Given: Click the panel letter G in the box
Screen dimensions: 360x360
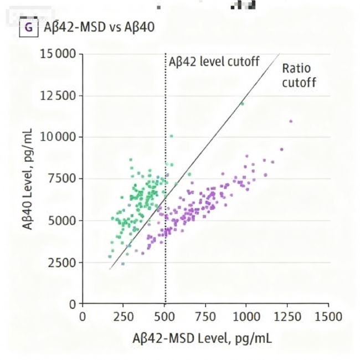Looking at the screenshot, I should click(x=28, y=26).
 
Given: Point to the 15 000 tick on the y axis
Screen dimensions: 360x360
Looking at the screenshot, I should click(x=57, y=54).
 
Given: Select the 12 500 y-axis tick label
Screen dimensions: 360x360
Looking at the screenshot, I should click(x=57, y=96).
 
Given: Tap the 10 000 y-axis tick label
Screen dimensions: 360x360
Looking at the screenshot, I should click(x=57, y=137).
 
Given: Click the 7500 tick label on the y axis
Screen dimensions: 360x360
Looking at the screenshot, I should click(x=63, y=179).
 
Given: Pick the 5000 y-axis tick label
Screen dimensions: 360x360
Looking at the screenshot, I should click(x=63, y=220).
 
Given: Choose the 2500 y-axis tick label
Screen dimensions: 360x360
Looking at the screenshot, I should click(x=63, y=262).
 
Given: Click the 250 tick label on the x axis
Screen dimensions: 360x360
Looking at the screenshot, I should click(x=124, y=316).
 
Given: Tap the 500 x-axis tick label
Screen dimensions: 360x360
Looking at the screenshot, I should click(x=165, y=316).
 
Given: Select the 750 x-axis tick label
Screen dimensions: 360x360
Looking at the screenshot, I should click(x=206, y=316).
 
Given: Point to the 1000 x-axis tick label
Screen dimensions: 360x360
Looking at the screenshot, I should click(x=246, y=316).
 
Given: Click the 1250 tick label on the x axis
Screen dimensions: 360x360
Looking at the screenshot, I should click(x=287, y=316).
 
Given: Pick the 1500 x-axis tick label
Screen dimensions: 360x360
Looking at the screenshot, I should click(x=328, y=316).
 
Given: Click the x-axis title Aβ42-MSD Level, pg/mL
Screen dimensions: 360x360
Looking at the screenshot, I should click(x=202, y=337).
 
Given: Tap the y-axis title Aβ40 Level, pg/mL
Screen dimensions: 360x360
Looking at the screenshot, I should click(x=26, y=179).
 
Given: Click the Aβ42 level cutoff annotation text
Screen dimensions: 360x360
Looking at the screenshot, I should click(x=214, y=61).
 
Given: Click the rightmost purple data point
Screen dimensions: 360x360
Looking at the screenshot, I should click(x=291, y=121).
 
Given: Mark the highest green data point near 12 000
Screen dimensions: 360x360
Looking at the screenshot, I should click(x=241, y=104).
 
